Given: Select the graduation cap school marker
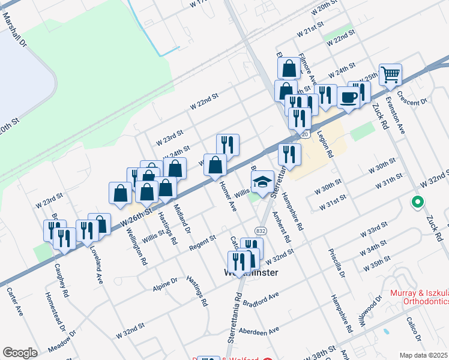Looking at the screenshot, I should click(x=262, y=181).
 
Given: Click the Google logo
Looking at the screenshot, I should click(x=20, y=353).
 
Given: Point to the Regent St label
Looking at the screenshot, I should click(x=203, y=240).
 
